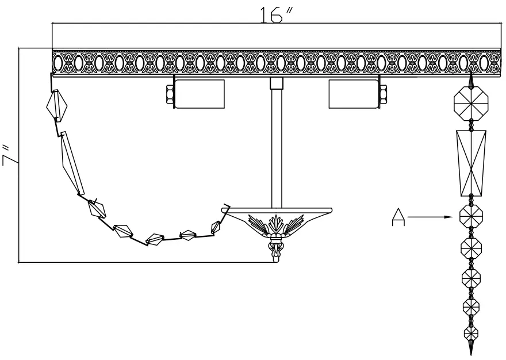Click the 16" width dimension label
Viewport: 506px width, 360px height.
[x=274, y=15]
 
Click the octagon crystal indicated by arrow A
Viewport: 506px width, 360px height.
[x=470, y=217]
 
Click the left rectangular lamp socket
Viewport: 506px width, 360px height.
[x=199, y=94]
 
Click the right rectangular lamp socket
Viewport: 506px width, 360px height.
[x=353, y=94]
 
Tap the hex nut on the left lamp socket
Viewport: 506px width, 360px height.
[x=170, y=94]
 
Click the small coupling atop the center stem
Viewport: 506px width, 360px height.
[x=277, y=84]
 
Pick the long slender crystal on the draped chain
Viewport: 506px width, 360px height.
[x=72, y=163]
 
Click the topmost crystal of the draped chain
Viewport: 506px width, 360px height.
[x=57, y=106]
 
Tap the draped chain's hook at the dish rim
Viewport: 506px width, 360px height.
[x=225, y=208]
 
